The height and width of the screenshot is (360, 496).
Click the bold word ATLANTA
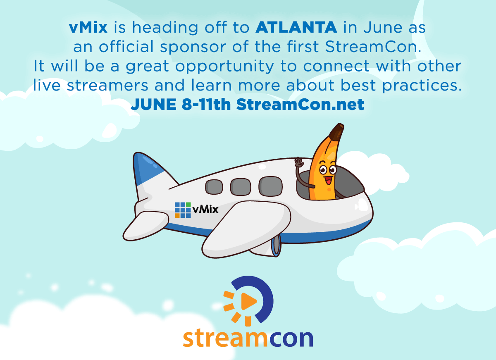coord(296,27)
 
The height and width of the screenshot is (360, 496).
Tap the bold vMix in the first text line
coord(88,27)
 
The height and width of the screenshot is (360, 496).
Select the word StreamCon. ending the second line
coord(373,47)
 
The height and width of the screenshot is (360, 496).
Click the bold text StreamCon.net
coord(300,104)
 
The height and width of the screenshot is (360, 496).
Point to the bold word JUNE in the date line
coord(154,105)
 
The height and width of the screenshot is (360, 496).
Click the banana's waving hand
coord(299,162)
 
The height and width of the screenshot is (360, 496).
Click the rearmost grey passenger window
coord(214,187)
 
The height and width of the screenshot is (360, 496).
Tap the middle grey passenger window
coord(241,187)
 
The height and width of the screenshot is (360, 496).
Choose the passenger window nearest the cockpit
coord(271,186)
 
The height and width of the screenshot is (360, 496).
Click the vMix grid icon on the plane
coord(183,210)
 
